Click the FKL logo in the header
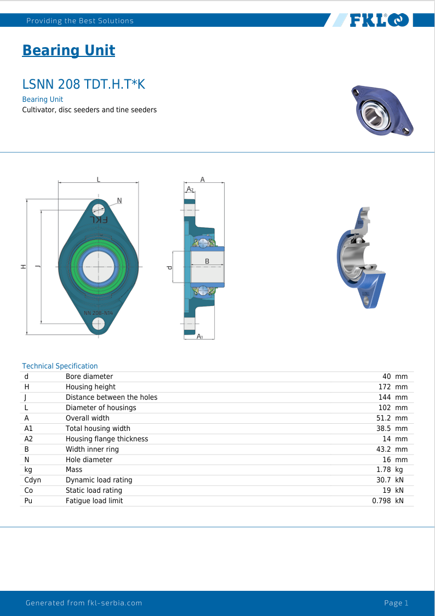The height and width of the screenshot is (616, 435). pos(379,20)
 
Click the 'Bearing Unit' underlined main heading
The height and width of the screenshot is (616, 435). pos(69,50)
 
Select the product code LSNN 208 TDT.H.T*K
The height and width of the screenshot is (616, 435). pos(84,84)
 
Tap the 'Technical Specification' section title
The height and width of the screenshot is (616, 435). pos(60,366)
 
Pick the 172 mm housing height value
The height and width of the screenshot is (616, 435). pos(393,387)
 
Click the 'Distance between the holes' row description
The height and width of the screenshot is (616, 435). pos(112,397)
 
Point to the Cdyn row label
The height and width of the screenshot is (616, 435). pos(33,480)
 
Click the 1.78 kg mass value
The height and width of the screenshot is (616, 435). pos(390,469)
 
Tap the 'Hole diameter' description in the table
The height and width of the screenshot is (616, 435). pos(89,459)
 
